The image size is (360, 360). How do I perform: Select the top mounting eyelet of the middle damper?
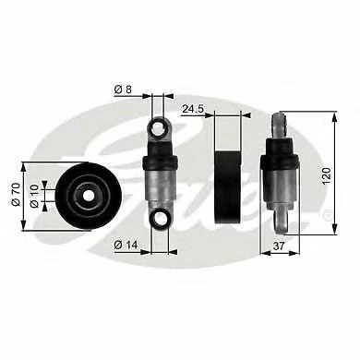pos(159,127)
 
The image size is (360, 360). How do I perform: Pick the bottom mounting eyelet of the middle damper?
pos(159,219)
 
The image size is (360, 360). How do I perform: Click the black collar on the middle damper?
pos(159,163)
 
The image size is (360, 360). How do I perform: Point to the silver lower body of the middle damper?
pos(159,189)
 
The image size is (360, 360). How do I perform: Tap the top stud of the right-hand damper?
pos(280,126)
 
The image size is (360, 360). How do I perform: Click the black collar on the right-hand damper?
pos(280,162)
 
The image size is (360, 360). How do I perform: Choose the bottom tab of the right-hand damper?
pos(280,221)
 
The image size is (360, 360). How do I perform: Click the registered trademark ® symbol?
pos(326,213)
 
